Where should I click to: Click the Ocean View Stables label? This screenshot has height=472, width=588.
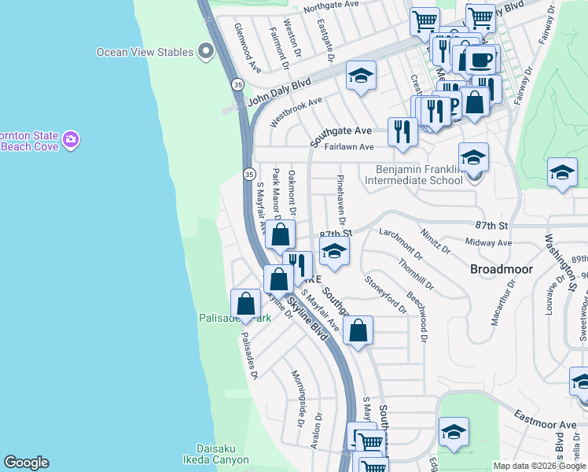[145, 53]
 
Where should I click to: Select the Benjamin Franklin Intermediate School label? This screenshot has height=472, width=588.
[413, 175]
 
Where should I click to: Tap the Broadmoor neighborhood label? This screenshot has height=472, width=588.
[502, 269]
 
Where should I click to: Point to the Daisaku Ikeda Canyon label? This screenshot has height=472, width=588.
[222, 454]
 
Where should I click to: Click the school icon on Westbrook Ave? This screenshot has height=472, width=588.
[361, 76]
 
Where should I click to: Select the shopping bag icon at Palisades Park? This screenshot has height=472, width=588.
[246, 304]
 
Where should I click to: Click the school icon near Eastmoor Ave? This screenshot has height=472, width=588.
[454, 432]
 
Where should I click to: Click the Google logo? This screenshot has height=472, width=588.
[26, 463]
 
